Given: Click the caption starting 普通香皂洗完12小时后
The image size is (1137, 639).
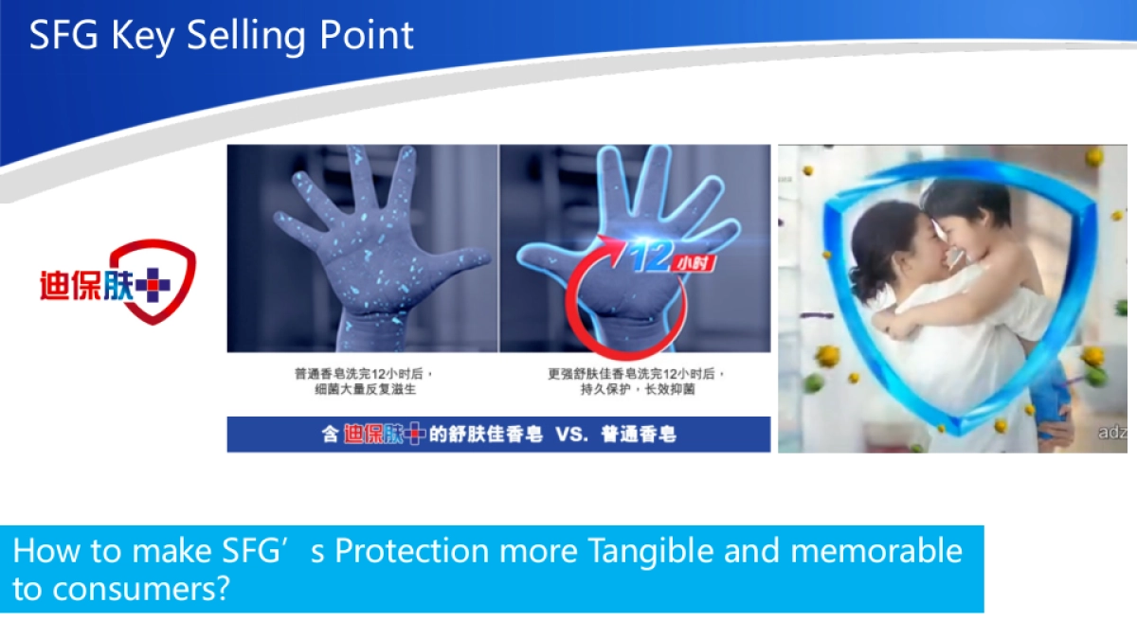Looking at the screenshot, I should pos(363,382).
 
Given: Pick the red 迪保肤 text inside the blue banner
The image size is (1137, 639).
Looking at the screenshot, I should pos(371,435).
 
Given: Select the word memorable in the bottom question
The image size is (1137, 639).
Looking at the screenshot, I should pos(875,551).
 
